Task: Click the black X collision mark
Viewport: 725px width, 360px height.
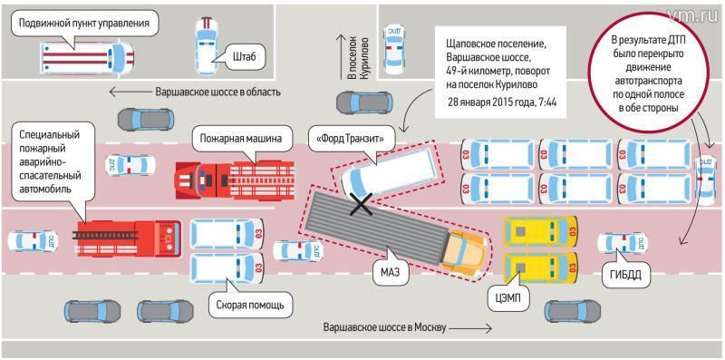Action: [x=362, y=204]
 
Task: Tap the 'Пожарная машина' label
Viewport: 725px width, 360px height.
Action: [x=240, y=138]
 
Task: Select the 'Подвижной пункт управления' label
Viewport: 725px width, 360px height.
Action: [x=84, y=24]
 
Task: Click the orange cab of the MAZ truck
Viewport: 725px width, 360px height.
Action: [x=465, y=251]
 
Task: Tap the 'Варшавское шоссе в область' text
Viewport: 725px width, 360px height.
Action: [x=218, y=92]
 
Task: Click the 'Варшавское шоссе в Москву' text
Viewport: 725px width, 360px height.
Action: [x=385, y=328]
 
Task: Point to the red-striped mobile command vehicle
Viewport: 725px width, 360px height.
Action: [x=88, y=59]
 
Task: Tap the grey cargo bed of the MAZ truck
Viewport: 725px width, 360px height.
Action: [x=375, y=222]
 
